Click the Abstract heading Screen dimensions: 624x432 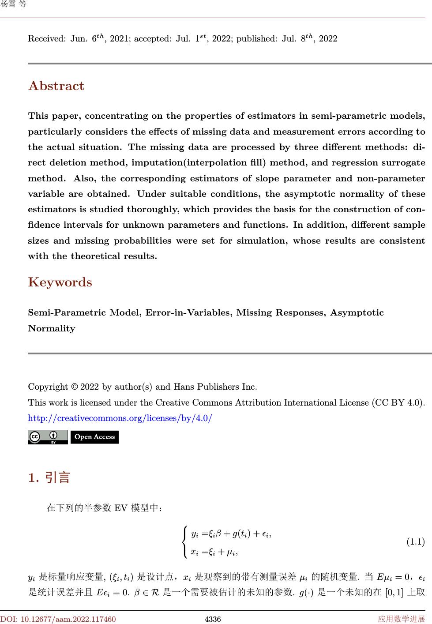pyautogui.click(x=56, y=86)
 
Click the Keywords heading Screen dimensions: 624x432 pyautogui.click(x=60, y=282)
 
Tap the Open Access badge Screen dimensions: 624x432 pyautogui.click(x=94, y=437)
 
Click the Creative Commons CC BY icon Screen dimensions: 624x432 pyautogui.click(x=48, y=437)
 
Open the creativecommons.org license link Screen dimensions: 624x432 pyautogui.click(x=120, y=418)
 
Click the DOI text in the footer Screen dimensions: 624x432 pyautogui.click(x=58, y=619)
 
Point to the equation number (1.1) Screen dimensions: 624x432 pyautogui.click(x=415, y=541)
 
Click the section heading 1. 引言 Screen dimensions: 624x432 pyautogui.click(x=49, y=477)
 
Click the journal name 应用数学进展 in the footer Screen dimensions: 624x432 pyautogui.click(x=401, y=619)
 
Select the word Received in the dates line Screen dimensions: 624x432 pyautogui.click(x=46, y=39)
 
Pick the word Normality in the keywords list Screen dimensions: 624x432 pyautogui.click(x=52, y=328)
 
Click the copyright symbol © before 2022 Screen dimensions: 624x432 pyautogui.click(x=75, y=387)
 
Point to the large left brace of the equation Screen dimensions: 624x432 pyautogui.click(x=185, y=541)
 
